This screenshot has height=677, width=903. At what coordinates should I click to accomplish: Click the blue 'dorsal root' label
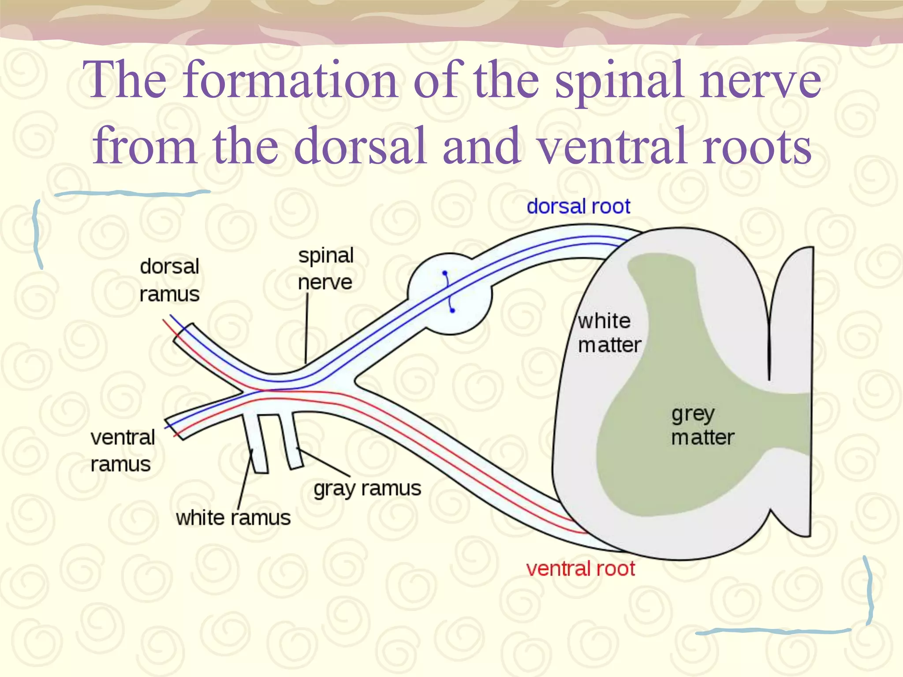click(x=578, y=207)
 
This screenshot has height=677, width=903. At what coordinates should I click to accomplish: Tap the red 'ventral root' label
click(x=580, y=569)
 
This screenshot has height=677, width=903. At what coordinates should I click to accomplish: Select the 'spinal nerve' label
click(x=325, y=269)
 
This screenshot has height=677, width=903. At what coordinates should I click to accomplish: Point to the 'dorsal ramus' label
click(x=169, y=280)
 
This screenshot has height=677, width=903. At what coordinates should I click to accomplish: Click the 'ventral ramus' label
click(x=122, y=451)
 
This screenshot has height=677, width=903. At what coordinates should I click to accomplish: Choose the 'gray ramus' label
click(x=367, y=488)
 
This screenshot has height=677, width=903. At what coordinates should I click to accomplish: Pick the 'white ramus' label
click(x=233, y=518)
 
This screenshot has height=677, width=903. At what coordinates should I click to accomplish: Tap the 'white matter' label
click(x=609, y=333)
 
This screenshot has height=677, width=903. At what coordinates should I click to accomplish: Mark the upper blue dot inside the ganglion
click(x=444, y=273)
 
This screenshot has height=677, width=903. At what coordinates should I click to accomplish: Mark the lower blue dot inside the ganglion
click(x=452, y=311)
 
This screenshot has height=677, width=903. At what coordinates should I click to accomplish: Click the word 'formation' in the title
click(x=291, y=80)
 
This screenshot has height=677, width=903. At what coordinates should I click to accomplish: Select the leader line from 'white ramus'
click(x=245, y=480)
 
